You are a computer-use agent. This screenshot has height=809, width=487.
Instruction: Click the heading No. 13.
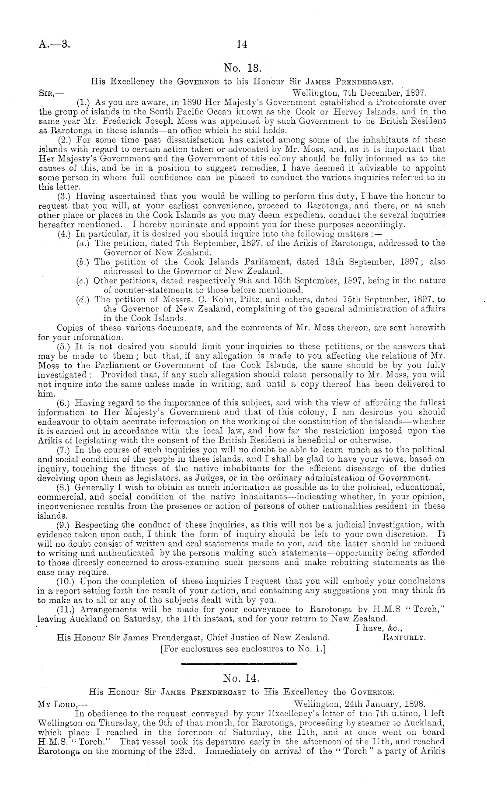pyautogui.click(x=242, y=68)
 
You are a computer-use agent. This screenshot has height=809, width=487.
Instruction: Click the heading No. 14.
pyautogui.click(x=242, y=678)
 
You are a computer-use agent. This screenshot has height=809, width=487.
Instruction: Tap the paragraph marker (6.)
pyautogui.click(x=66, y=402)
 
